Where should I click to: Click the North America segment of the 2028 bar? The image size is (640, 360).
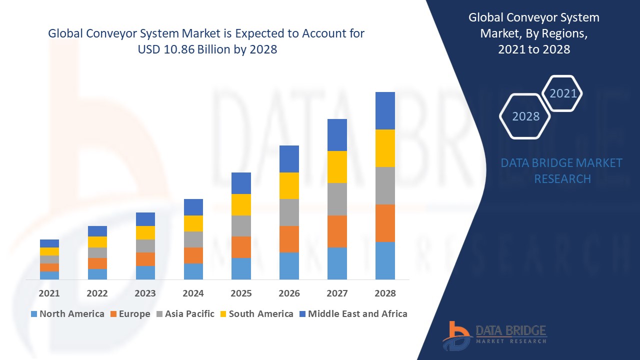pyautogui.click(x=385, y=260)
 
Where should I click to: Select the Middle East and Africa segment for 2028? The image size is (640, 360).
pyautogui.click(x=385, y=110)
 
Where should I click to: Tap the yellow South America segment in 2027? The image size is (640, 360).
pyautogui.click(x=337, y=166)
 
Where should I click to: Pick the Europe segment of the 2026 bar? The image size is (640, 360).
pyautogui.click(x=289, y=239)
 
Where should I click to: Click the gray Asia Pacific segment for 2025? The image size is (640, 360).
pyautogui.click(x=241, y=226)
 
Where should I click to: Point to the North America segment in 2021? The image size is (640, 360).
pyautogui.click(x=49, y=275)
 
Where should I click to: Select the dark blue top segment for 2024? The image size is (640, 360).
pyautogui.click(x=193, y=207)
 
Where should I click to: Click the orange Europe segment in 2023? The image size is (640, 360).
pyautogui.click(x=145, y=259)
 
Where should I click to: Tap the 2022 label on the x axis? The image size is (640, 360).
pyautogui.click(x=97, y=293)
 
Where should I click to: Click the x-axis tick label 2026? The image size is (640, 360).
pyautogui.click(x=289, y=293)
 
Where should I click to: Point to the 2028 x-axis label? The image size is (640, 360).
pyautogui.click(x=385, y=293)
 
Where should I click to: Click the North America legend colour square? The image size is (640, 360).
pyautogui.click(x=34, y=314)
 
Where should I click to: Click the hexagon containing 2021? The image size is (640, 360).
pyautogui.click(x=562, y=93)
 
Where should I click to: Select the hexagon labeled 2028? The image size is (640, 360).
pyautogui.click(x=525, y=116)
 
